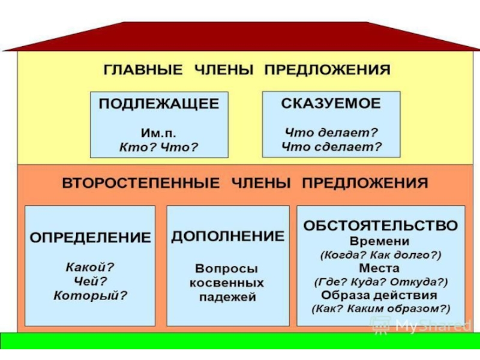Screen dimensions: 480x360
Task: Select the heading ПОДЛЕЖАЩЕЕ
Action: point(158,104)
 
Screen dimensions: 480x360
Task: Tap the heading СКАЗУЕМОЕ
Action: point(331,103)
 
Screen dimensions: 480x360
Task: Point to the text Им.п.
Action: point(158,133)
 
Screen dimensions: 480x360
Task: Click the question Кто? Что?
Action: point(158,146)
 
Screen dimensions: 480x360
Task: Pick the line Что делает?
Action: point(331,132)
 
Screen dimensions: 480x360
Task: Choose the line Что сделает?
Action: point(331,146)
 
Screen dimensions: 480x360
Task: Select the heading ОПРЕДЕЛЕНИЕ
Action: point(90,238)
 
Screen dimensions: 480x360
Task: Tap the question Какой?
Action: point(90,266)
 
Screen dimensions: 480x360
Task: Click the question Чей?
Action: point(90,280)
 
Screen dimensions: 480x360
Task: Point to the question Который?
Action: point(90,295)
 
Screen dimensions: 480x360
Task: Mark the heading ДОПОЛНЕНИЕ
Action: point(227,236)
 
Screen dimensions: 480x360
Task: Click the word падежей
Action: point(227,296)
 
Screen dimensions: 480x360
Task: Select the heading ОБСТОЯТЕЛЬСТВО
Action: point(380,226)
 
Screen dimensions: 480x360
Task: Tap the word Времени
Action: point(380,241)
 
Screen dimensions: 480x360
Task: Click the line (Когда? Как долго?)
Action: point(380,254)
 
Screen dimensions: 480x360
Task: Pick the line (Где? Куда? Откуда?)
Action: point(380,281)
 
